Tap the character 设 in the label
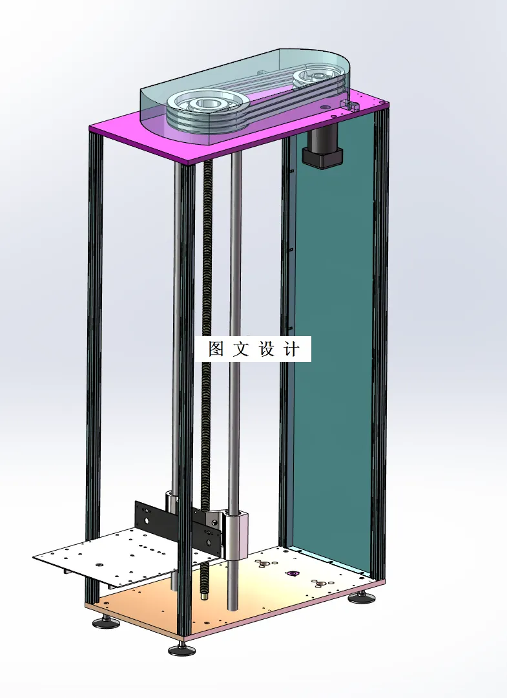(267, 350)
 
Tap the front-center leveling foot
(181, 650)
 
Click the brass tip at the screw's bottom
(205, 596)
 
